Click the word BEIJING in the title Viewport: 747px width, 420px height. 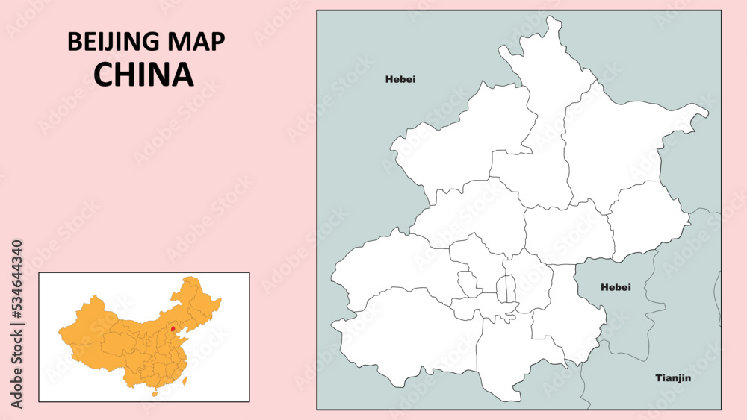(112, 43)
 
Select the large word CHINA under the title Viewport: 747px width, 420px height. (143, 74)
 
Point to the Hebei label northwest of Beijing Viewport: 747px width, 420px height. (400, 79)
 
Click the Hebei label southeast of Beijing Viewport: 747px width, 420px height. (616, 287)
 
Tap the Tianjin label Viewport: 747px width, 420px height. (673, 378)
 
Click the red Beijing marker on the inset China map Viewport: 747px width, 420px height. (173, 328)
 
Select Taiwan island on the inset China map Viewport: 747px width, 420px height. (186, 378)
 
